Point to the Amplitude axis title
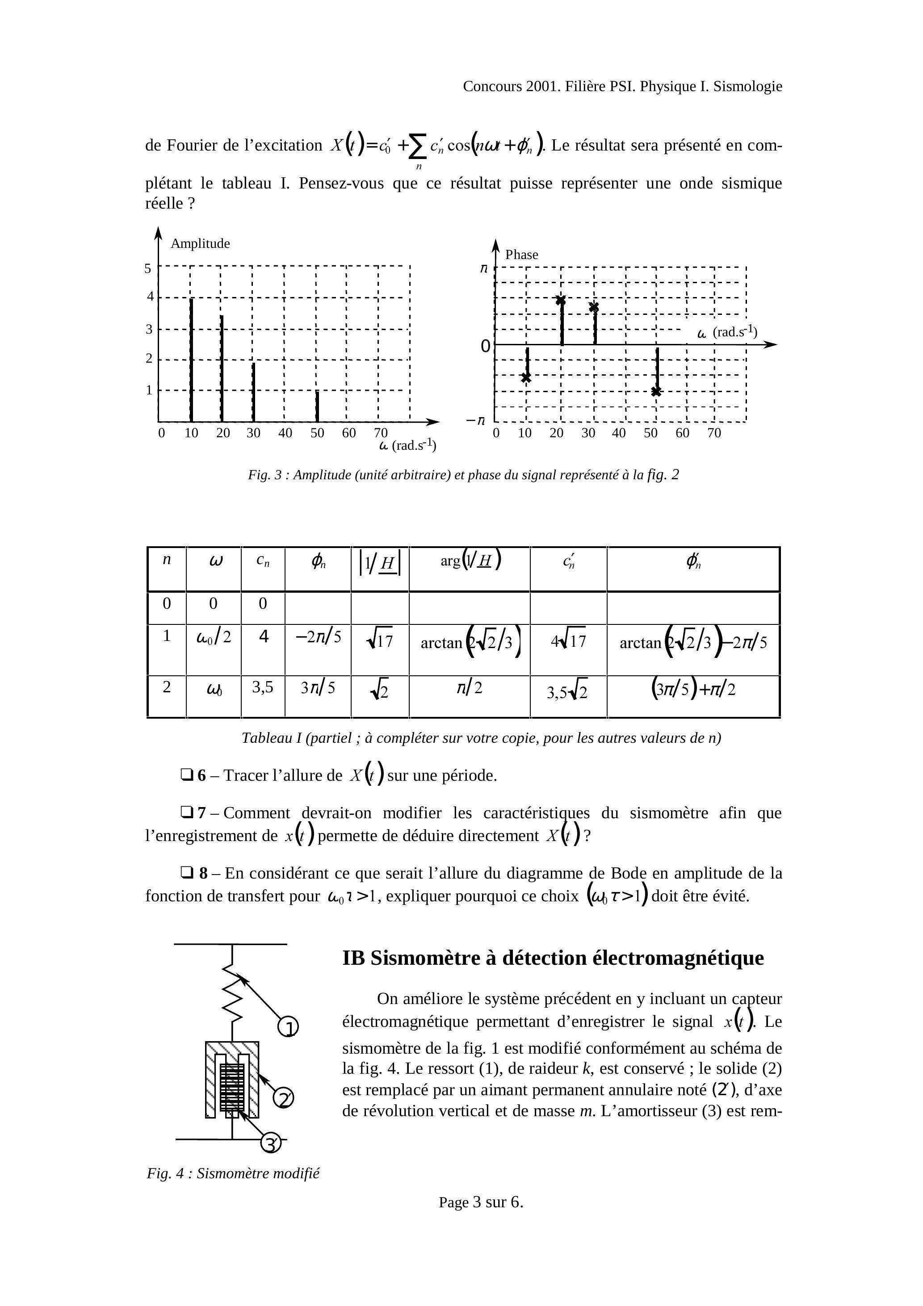[x=200, y=243]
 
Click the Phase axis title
[x=521, y=255]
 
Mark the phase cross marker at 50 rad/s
[x=656, y=391]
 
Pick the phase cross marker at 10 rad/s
[x=526, y=377]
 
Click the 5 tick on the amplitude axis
[x=148, y=268]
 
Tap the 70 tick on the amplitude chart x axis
[x=381, y=433]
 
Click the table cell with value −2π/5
[x=318, y=637]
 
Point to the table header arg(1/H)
[x=470, y=561]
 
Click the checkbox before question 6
[x=186, y=775]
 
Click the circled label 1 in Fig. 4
[x=288, y=1027]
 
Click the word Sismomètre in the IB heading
[x=426, y=959]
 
